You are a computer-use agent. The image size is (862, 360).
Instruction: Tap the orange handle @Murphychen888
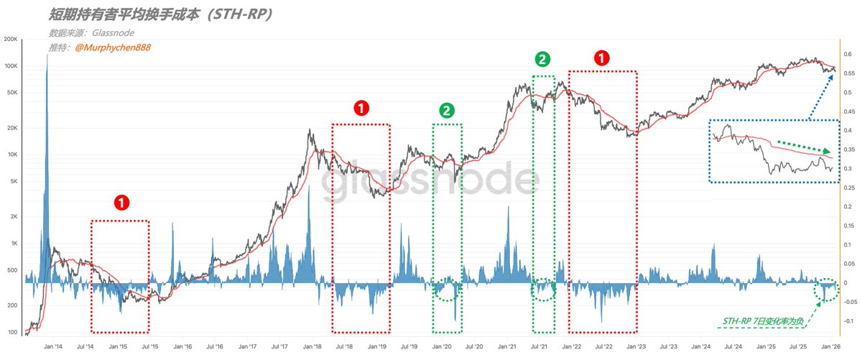point(113,47)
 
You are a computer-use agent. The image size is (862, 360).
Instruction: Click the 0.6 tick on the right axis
point(847,54)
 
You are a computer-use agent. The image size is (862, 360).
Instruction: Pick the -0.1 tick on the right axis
point(849,320)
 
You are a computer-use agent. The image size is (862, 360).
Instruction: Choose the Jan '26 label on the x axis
point(831,346)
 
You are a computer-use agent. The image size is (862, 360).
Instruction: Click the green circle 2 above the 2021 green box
point(544,58)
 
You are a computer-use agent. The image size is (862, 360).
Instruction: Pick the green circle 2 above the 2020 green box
point(447,110)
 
